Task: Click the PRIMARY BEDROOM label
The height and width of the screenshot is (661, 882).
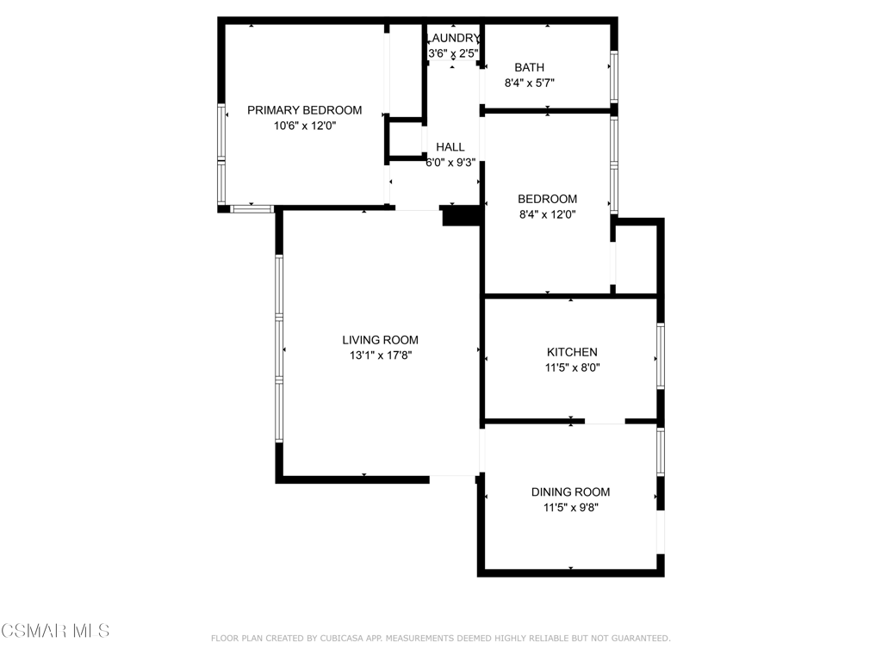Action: pos(304,110)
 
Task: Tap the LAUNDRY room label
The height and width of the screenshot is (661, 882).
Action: pos(453,38)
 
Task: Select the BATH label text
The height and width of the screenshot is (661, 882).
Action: pos(530,67)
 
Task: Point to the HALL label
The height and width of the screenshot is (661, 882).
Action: pos(450,147)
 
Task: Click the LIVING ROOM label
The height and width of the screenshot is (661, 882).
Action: pos(380,340)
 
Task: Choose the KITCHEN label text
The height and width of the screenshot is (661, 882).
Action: pos(572,352)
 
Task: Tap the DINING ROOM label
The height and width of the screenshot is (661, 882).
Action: pos(570,492)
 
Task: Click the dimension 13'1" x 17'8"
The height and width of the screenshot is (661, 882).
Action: pos(381,355)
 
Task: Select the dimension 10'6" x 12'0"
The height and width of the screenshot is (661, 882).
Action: pos(305,126)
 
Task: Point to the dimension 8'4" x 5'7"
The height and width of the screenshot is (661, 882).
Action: pos(530,83)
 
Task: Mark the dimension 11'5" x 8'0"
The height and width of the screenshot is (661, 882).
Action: pos(572,368)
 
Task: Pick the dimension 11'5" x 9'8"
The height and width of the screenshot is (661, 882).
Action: pos(570,508)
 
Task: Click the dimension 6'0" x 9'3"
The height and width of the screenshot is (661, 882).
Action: pos(450,163)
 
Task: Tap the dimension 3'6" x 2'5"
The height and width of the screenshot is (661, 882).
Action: pos(453,54)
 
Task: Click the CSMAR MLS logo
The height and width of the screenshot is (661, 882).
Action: pos(55,631)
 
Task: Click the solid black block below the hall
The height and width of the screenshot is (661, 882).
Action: pos(462,216)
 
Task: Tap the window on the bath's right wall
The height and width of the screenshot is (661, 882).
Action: pos(614,77)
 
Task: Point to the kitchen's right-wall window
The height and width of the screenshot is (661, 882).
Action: pos(661,355)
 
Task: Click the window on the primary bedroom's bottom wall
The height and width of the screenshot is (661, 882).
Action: pos(252,209)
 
